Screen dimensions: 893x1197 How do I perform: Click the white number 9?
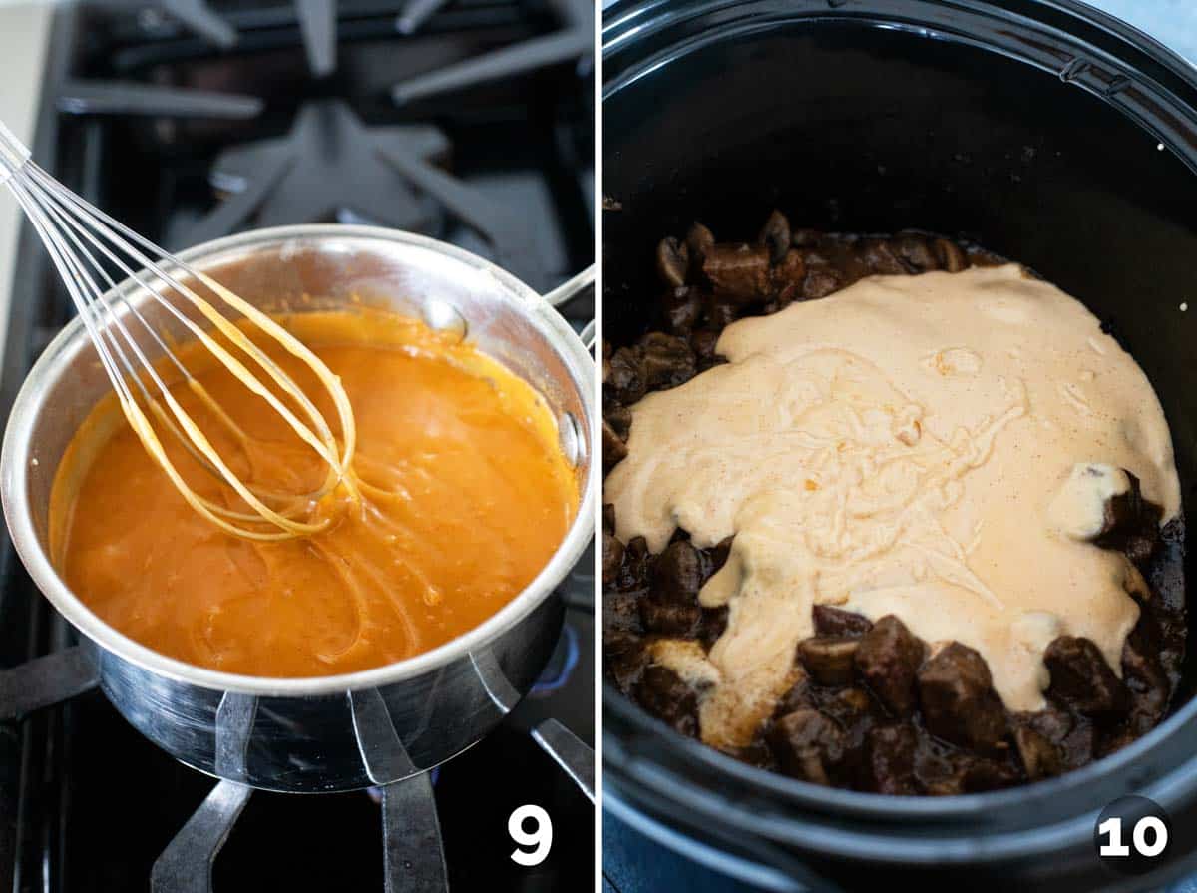coord(529,834)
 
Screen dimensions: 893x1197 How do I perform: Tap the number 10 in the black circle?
coord(1132,836)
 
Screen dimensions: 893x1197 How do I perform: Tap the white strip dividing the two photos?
coord(598,449)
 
